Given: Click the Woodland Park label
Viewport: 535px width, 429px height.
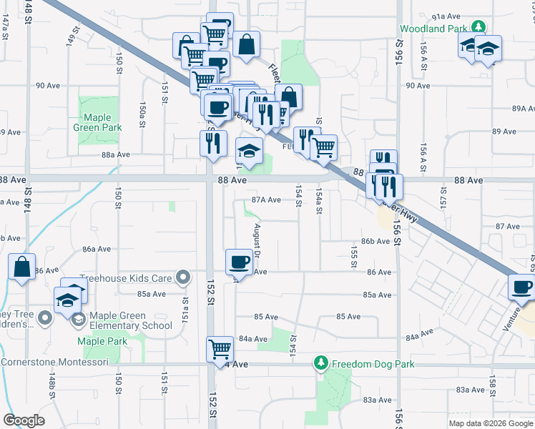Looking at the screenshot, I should (434, 29).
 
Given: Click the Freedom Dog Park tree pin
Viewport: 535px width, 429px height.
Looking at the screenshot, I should (321, 364).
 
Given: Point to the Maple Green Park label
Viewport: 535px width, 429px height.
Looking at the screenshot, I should (97, 122).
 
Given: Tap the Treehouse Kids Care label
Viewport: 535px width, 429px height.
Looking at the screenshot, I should (127, 277).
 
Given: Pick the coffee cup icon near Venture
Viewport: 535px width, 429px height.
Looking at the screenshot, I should (521, 288).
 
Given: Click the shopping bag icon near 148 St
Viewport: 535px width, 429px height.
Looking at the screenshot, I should (22, 267).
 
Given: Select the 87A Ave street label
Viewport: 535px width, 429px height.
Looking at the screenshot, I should (265, 200).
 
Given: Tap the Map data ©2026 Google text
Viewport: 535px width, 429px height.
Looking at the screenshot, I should (490, 423).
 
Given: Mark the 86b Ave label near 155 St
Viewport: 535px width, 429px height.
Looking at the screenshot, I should (376, 241).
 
